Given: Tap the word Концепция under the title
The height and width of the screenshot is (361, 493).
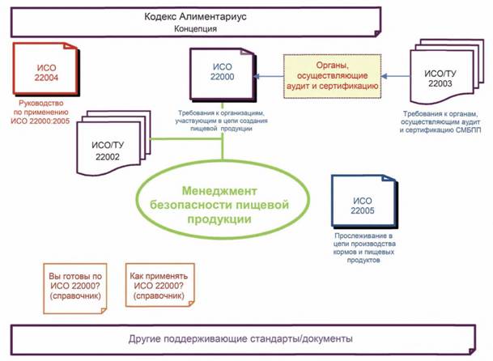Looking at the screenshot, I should point(195,29).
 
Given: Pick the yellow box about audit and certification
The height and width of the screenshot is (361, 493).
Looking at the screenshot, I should point(333,76).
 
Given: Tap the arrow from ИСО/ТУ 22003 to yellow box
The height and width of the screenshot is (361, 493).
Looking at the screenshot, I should point(396,76).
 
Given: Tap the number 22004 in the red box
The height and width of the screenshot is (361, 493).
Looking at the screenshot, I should point(47,78).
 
